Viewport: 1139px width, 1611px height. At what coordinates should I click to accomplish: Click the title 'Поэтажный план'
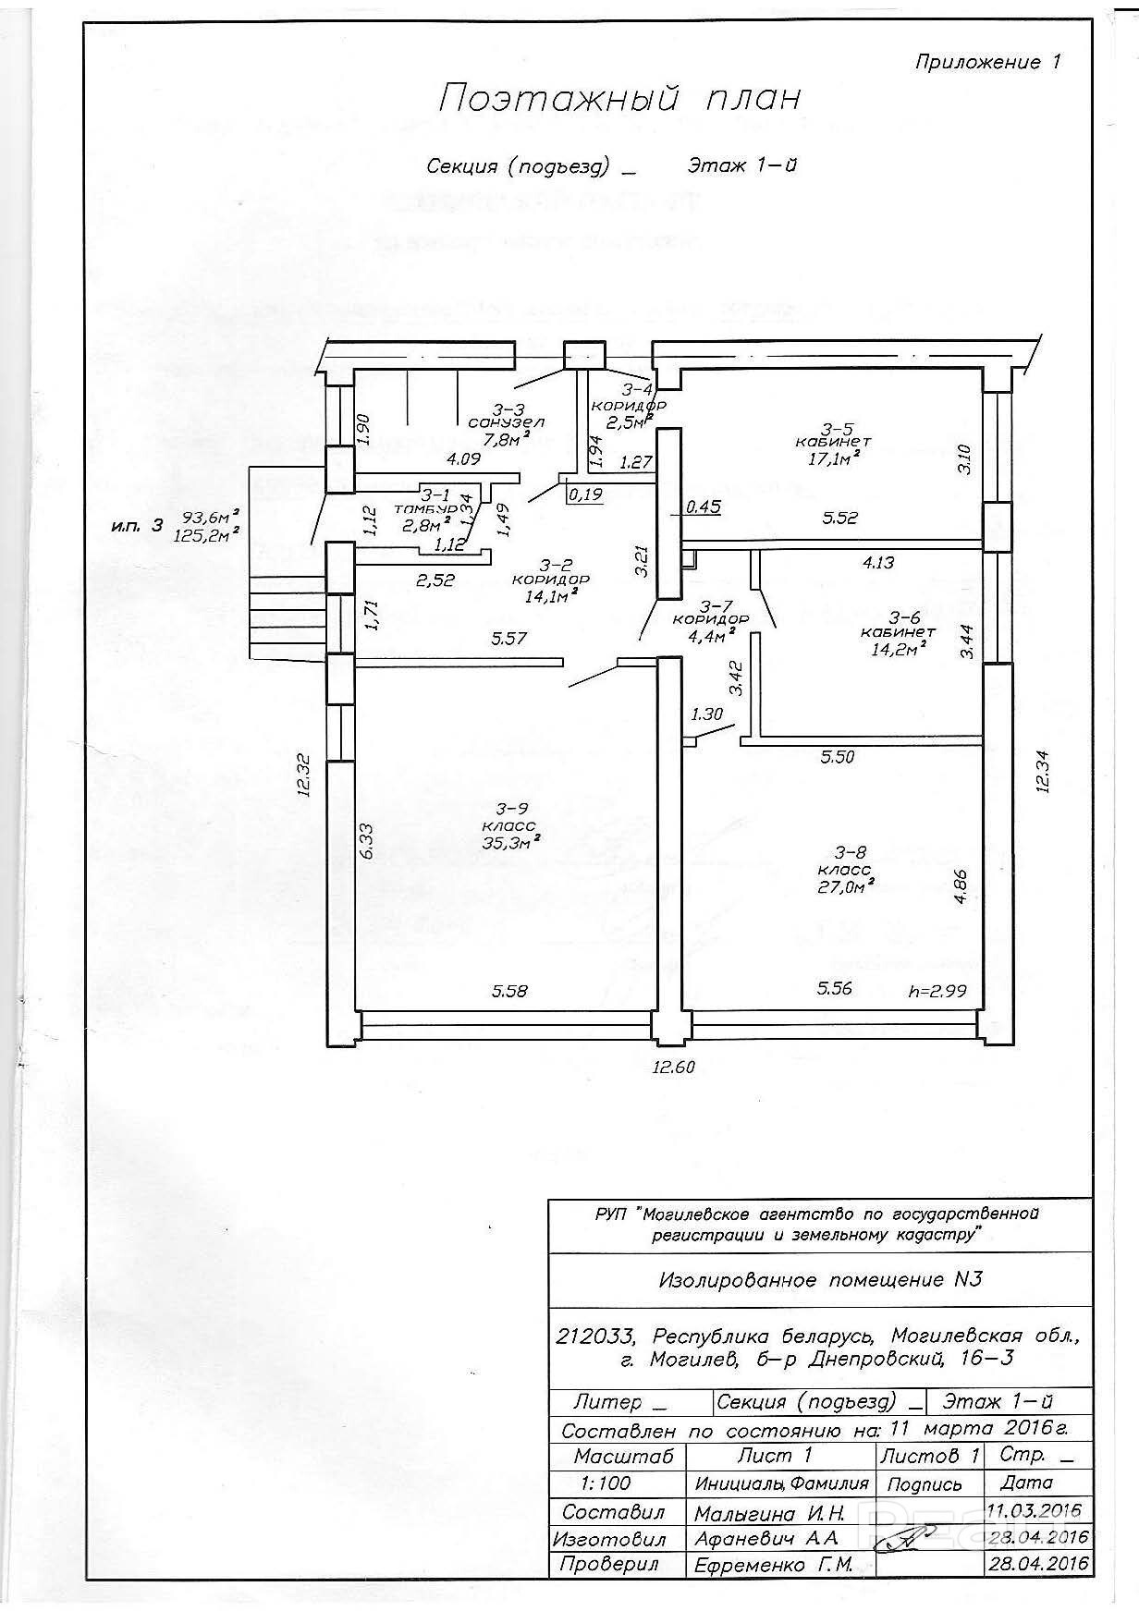click(618, 98)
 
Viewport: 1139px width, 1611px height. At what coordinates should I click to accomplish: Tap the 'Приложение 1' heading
click(987, 62)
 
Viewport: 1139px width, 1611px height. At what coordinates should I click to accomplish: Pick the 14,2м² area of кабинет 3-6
click(897, 649)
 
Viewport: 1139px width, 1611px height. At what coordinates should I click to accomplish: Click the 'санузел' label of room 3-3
click(506, 422)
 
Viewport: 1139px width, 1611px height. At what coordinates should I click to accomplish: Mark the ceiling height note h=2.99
click(937, 990)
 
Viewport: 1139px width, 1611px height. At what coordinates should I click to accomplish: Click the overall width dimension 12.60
click(672, 1067)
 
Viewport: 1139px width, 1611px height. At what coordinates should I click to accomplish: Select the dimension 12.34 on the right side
click(1043, 770)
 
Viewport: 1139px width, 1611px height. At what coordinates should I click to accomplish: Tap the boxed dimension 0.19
click(585, 494)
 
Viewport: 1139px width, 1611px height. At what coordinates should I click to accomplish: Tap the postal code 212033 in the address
click(596, 1337)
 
